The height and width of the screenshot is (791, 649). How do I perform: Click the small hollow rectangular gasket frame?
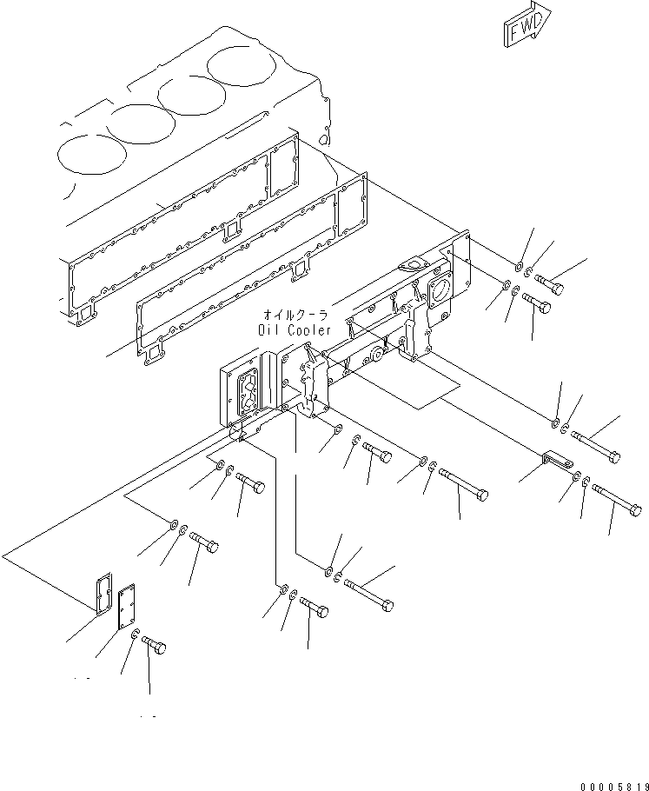click(x=100, y=589)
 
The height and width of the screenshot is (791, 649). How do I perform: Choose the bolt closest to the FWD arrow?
click(x=547, y=283)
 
